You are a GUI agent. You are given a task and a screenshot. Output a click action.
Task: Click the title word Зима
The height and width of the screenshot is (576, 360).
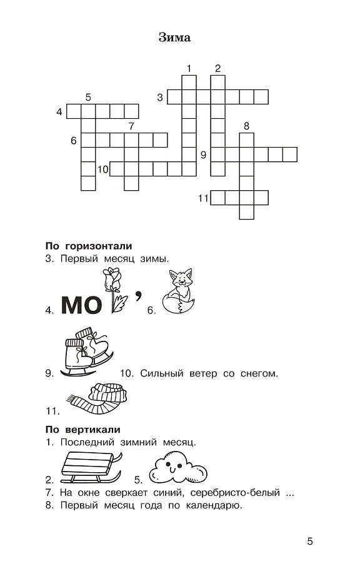tap(176, 38)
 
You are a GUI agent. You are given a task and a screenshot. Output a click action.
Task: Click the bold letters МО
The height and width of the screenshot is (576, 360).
tap(81, 305)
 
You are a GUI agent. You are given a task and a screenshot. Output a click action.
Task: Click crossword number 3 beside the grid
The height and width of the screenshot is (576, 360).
tap(160, 97)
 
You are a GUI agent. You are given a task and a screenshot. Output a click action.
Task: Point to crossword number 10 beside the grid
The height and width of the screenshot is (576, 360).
tap(103, 169)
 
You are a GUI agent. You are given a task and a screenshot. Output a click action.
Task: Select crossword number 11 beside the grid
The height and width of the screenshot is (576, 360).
tap(202, 198)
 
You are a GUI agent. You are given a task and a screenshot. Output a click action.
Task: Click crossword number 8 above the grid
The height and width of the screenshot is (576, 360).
tap(246, 126)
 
